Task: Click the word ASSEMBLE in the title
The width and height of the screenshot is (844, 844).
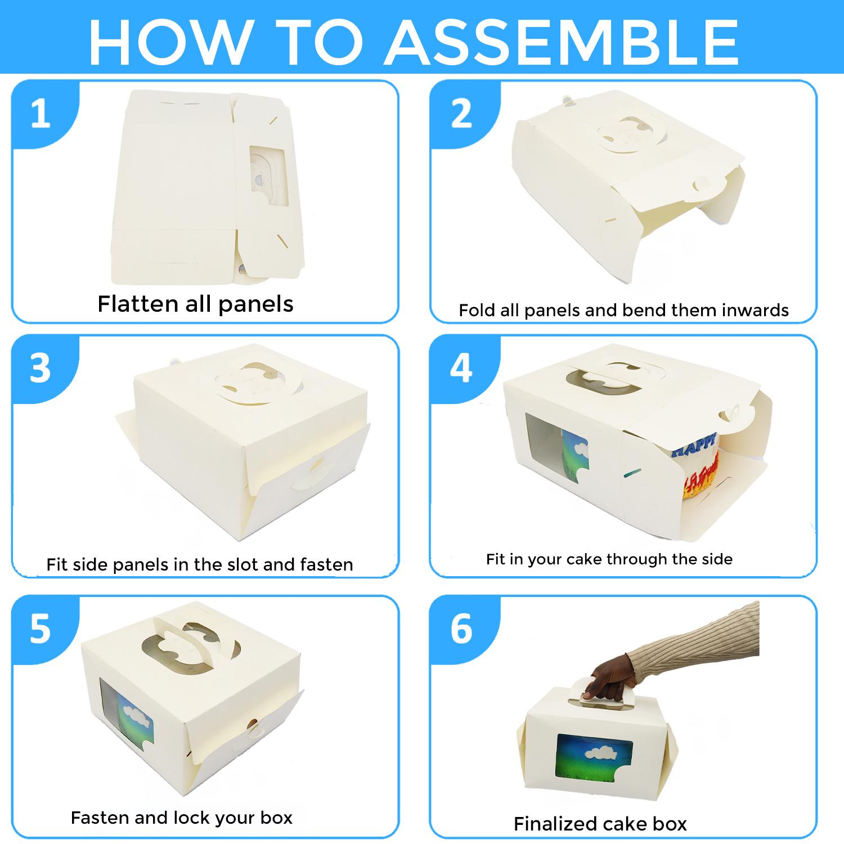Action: tap(561, 43)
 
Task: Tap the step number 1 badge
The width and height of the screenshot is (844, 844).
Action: tap(40, 114)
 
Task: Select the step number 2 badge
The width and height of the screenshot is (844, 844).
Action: tap(461, 114)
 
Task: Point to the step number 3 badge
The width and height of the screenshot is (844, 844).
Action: tap(40, 369)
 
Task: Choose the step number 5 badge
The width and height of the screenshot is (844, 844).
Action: tap(40, 628)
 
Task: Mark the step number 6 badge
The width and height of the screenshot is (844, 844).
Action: tap(461, 628)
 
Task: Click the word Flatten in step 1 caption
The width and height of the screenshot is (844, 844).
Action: tap(137, 304)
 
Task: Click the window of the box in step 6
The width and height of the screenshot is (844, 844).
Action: tap(594, 763)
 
